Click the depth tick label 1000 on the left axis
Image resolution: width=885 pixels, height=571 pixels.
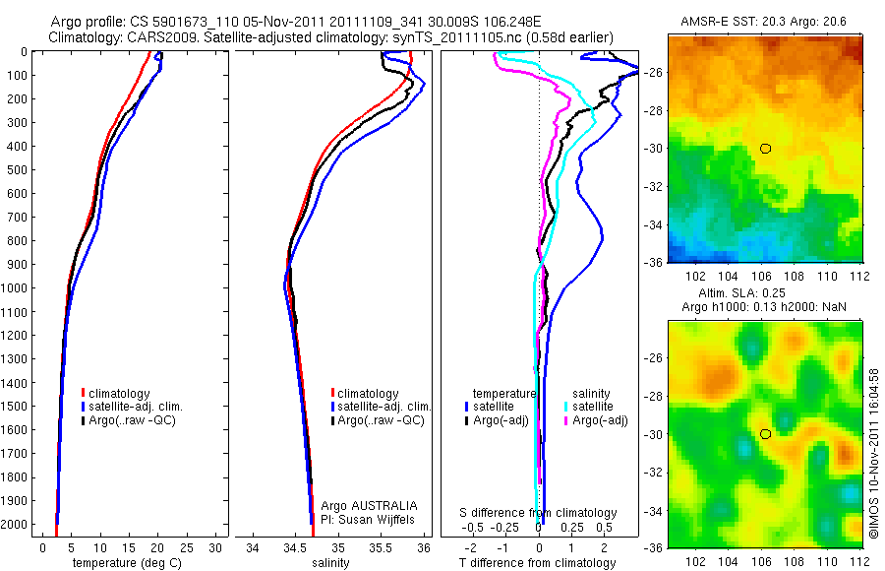click(17, 288)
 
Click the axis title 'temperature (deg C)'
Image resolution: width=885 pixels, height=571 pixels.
click(123, 563)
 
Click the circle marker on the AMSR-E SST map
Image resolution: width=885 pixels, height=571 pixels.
click(765, 149)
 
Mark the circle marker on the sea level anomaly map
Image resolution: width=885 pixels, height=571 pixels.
click(765, 434)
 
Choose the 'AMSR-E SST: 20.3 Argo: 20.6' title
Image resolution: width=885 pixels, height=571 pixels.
click(764, 22)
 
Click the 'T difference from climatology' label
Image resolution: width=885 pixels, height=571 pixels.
click(538, 563)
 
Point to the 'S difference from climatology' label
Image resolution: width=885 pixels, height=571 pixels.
click(539, 513)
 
